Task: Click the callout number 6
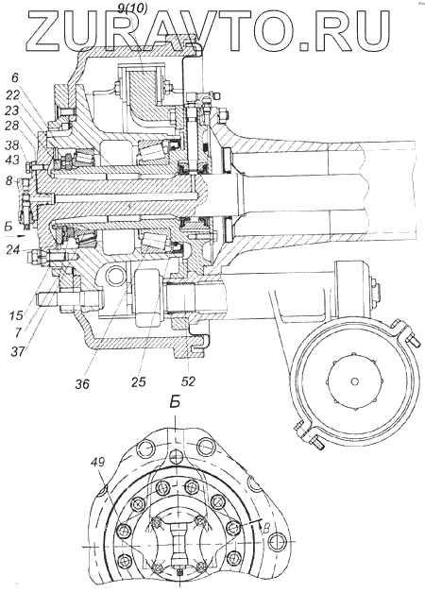[x=14, y=78]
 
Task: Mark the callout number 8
[x=9, y=181]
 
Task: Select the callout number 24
[x=14, y=249]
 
